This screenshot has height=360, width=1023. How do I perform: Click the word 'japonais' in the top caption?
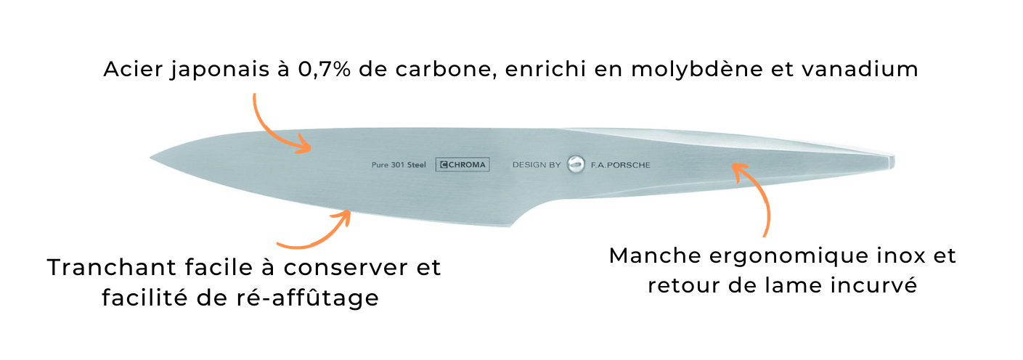point(220,70)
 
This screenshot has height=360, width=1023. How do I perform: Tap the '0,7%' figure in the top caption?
point(325,70)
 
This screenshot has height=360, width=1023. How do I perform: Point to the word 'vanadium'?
point(860,69)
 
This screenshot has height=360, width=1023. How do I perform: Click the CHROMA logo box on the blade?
point(462,165)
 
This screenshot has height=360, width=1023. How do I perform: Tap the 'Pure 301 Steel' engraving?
point(399,165)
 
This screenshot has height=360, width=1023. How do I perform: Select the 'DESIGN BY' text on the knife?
point(536,165)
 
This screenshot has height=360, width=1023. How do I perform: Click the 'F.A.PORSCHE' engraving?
point(620,165)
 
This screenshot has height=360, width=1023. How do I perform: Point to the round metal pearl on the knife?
point(576,164)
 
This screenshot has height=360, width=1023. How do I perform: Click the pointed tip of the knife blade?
point(151,158)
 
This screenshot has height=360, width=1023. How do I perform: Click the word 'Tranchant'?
point(111,267)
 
